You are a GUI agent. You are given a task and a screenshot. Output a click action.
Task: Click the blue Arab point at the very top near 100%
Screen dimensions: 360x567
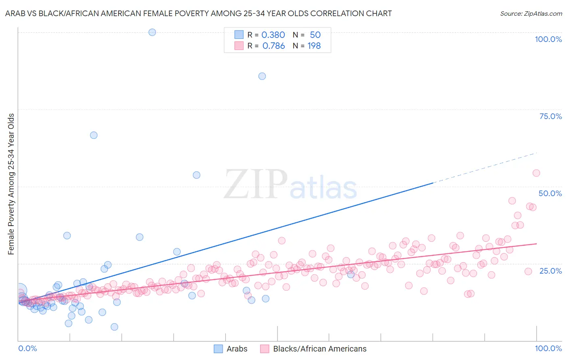152,32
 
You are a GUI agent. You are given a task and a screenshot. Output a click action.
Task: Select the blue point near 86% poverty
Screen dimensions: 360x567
262,76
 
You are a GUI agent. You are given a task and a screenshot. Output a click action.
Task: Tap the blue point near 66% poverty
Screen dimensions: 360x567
94,135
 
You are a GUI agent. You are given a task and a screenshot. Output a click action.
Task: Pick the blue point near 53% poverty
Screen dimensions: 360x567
196,175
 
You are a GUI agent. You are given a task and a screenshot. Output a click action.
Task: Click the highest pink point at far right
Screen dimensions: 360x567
536,173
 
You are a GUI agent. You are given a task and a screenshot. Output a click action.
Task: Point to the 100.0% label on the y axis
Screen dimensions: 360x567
548,39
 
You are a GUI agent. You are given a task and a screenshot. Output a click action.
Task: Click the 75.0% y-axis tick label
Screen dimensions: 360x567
550,116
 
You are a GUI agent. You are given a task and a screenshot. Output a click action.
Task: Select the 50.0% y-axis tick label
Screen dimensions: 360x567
550,193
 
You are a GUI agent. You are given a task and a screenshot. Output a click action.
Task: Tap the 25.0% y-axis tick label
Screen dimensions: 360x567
550,271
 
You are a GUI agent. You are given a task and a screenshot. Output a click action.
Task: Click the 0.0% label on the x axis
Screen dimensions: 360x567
27,348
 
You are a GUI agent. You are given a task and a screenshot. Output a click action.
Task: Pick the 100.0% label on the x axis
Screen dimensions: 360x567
548,348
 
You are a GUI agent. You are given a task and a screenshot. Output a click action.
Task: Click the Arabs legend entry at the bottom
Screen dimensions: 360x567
237,349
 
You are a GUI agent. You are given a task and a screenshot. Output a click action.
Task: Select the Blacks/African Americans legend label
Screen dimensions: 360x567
319,349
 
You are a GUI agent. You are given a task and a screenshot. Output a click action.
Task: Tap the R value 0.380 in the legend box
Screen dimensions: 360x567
273,35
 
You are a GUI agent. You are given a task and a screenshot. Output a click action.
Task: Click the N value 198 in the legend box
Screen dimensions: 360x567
314,46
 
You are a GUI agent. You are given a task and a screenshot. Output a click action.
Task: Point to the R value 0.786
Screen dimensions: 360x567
273,46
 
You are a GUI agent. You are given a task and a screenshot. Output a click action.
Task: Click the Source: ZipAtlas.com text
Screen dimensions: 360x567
531,13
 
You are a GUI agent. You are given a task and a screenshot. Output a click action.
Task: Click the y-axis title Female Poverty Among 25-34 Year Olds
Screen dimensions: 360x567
11,184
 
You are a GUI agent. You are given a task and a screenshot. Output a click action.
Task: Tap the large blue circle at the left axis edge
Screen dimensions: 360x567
19,290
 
